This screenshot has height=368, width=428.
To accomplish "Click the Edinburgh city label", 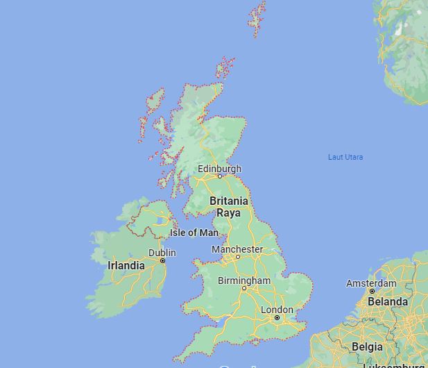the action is click(219, 169).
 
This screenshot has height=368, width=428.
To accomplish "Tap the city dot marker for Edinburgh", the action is click(220, 176).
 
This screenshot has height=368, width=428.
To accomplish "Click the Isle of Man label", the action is click(194, 233).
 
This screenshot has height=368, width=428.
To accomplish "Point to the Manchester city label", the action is click(237, 249).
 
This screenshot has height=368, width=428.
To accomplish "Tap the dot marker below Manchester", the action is click(237, 257).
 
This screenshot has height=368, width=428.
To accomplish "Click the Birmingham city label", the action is click(243, 281).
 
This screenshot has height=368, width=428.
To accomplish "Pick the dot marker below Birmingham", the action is click(243, 287).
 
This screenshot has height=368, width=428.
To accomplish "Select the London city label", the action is click(277, 310).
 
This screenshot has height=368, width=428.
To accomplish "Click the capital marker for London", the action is click(277, 318).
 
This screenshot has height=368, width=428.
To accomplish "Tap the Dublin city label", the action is click(162, 253).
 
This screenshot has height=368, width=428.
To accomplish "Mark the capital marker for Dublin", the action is click(162, 260).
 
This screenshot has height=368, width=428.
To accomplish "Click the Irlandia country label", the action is click(126, 265).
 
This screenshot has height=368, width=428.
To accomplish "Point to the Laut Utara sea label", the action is click(345, 157).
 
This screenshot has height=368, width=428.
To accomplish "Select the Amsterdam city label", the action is click(371, 283).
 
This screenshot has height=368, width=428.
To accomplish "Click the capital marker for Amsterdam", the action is click(372, 291).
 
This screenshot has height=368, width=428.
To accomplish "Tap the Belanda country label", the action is click(388, 302).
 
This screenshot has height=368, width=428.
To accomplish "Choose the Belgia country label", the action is click(367, 346).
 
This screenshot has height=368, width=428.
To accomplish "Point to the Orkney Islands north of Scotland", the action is click(225, 68).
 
